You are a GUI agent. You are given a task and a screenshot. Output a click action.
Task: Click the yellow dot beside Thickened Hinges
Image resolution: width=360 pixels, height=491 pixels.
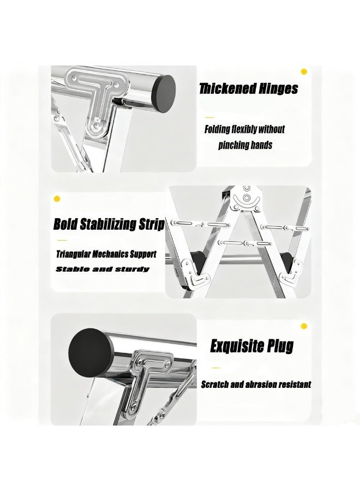303,71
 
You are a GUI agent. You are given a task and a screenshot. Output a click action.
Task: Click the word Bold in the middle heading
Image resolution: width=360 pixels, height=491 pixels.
65,224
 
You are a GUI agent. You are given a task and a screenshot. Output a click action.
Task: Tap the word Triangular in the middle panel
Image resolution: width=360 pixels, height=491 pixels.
73,254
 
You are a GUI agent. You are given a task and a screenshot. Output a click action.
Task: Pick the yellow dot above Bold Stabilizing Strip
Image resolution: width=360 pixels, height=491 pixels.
57,199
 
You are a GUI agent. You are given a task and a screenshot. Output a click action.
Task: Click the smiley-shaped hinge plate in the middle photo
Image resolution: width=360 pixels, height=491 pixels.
247,199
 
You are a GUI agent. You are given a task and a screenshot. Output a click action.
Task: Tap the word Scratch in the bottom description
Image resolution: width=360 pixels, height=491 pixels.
215,384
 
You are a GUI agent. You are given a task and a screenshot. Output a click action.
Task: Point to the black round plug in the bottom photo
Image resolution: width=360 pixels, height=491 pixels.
91,353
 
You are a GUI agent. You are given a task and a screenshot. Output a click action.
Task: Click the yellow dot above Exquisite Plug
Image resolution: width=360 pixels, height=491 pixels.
303,326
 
